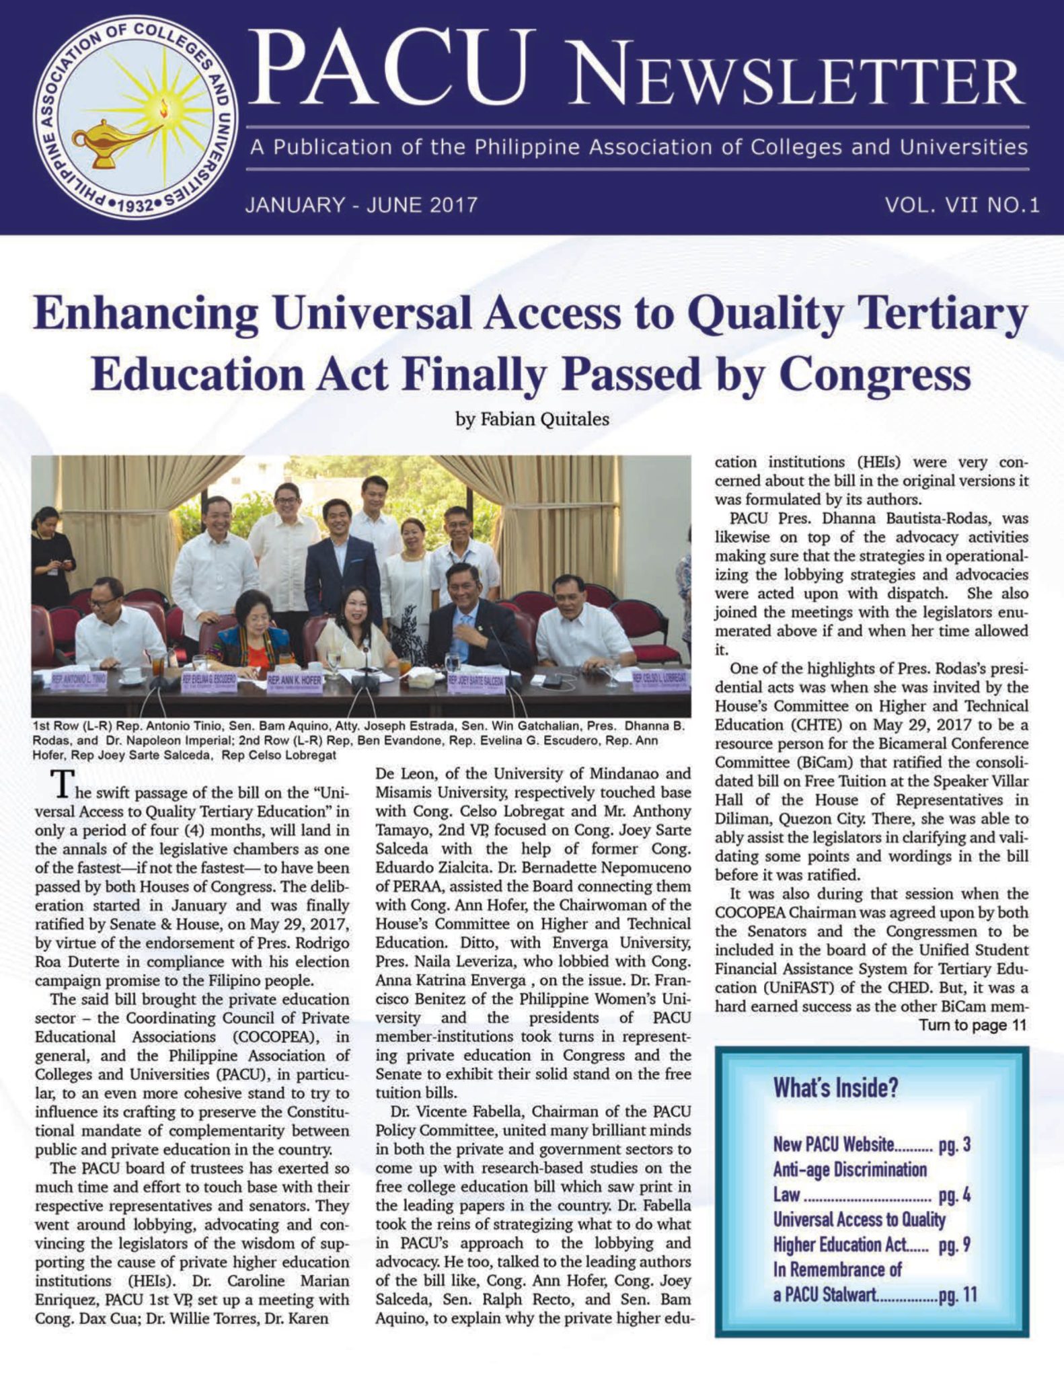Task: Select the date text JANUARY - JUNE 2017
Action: click(361, 204)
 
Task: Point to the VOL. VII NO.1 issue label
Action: click(962, 204)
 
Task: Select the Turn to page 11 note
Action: click(973, 1025)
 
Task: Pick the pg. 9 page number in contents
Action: click(954, 1245)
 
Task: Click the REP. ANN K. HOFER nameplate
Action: click(295, 681)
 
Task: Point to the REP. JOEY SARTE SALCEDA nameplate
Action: click(476, 680)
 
